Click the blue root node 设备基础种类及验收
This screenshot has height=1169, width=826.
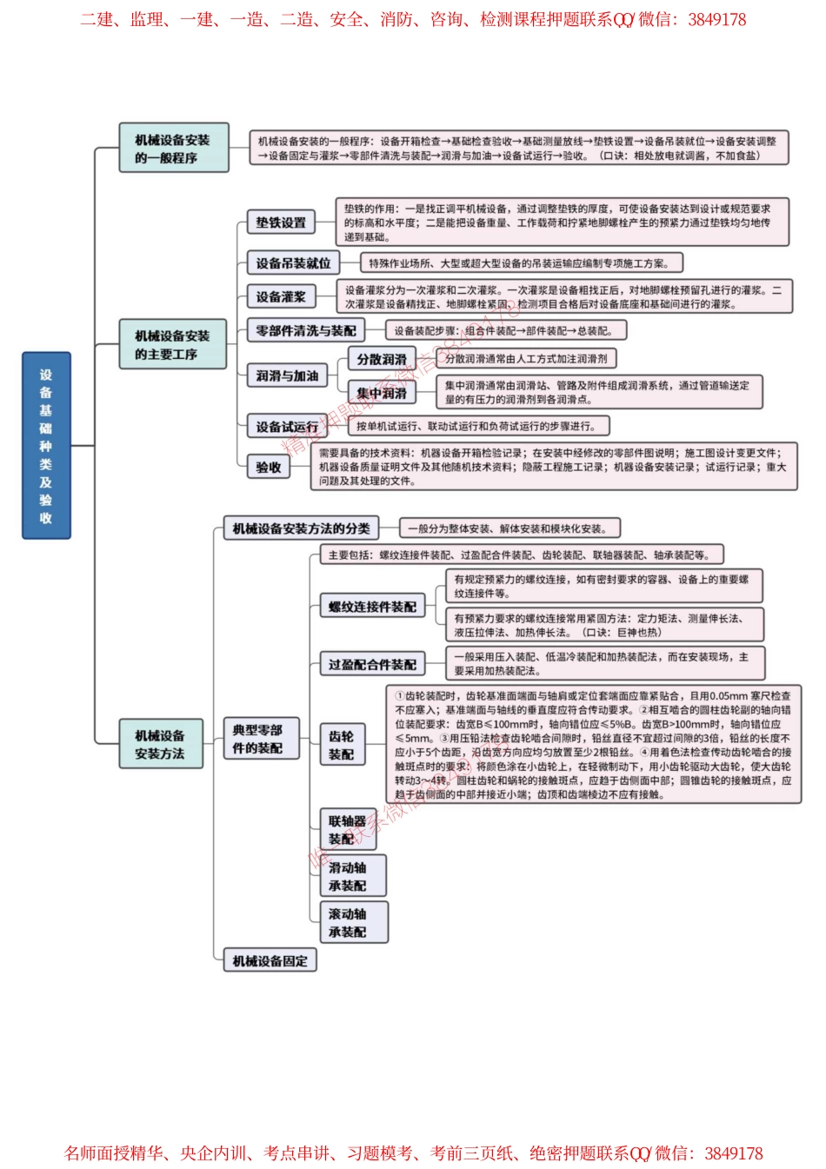(x=46, y=445)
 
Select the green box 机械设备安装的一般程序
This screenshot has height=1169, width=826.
(x=173, y=149)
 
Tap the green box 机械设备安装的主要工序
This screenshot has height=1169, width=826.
(x=173, y=345)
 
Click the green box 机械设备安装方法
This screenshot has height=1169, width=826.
(x=161, y=744)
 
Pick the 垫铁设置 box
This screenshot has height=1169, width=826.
(x=281, y=223)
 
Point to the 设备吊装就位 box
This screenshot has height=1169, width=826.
(x=293, y=263)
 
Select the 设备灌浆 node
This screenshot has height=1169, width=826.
(x=281, y=296)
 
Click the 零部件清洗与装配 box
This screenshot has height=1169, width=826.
(x=305, y=331)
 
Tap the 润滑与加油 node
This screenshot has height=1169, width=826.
(x=287, y=375)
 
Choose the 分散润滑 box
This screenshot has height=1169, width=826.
(x=382, y=359)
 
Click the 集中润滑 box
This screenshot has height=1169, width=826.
(x=382, y=394)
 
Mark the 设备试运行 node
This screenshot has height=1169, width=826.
(x=287, y=427)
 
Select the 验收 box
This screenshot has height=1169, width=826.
(x=269, y=467)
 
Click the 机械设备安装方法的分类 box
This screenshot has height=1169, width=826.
(x=301, y=528)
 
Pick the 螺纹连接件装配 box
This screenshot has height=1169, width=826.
(x=372, y=607)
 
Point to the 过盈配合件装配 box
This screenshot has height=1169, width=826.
(x=372, y=664)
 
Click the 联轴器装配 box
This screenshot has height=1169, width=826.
(x=348, y=830)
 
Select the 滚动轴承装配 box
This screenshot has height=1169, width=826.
(x=353, y=923)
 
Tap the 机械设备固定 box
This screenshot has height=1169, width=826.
(x=270, y=961)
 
